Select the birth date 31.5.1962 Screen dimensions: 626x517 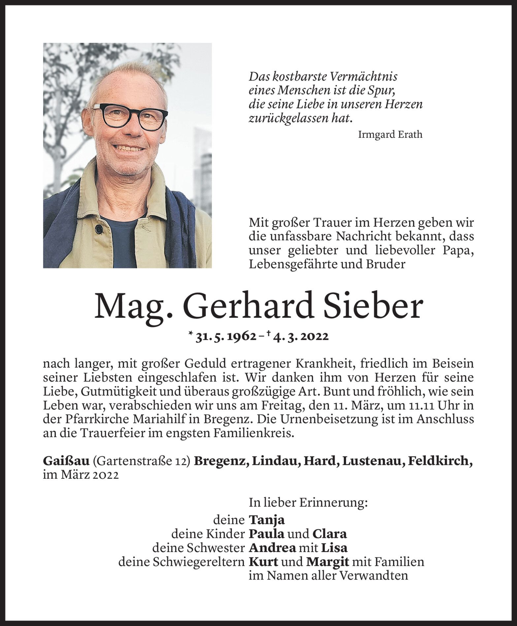226,336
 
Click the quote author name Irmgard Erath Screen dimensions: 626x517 390,135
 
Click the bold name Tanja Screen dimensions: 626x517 267,520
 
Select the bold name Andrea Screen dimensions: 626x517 272,548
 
